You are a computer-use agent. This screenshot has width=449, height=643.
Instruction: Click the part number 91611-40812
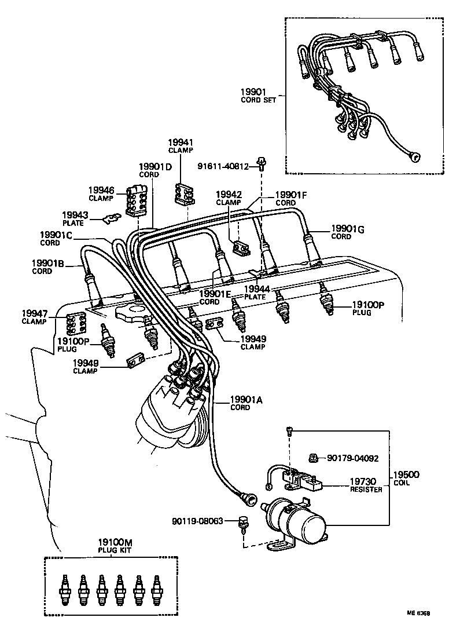[223, 167]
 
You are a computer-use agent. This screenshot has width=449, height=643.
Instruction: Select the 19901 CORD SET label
[258, 95]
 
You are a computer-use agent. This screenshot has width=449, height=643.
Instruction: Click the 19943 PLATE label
[75, 218]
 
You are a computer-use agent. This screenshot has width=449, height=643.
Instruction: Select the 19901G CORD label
[347, 232]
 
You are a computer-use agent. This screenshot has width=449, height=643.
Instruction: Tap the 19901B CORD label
[49, 266]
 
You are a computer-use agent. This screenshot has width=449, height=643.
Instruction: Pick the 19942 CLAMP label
[229, 198]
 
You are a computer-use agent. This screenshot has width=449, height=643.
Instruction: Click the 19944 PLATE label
[255, 292]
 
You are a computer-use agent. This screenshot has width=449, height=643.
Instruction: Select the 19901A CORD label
[246, 403]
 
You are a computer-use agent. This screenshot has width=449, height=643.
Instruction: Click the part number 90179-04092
[352, 458]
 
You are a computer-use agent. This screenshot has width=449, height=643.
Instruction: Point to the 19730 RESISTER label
[366, 485]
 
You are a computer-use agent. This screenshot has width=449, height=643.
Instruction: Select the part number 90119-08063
[197, 521]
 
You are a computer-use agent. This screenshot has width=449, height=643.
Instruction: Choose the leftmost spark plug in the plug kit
[65, 586]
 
